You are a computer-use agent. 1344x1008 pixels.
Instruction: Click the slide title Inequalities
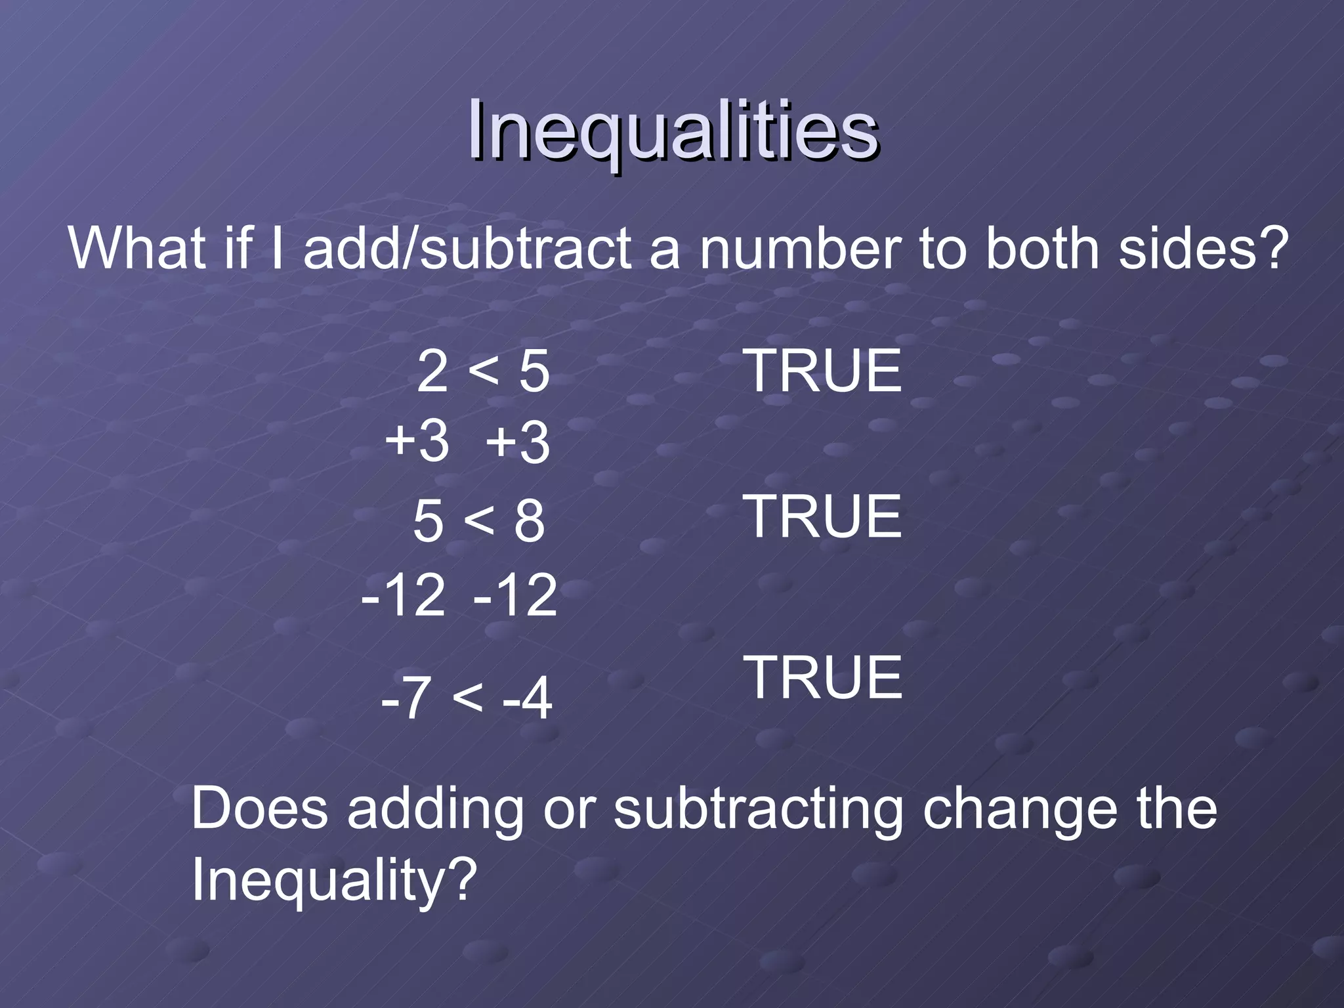pos(673,131)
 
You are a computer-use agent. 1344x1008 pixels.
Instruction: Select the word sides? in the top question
pos(1200,249)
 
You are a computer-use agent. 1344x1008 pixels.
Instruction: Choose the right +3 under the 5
pos(518,442)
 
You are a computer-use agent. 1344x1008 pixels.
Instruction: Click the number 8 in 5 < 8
pos(529,521)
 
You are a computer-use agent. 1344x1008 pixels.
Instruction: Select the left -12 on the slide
pos(404,595)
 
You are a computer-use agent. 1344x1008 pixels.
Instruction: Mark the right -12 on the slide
pos(515,595)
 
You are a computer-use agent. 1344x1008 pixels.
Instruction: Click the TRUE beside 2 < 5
pos(823,371)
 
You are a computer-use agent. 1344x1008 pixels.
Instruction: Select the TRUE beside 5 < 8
pos(823,517)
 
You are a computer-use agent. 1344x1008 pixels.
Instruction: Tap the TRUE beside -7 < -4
pos(823,677)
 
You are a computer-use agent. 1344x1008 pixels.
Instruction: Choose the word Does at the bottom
pos(259,809)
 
